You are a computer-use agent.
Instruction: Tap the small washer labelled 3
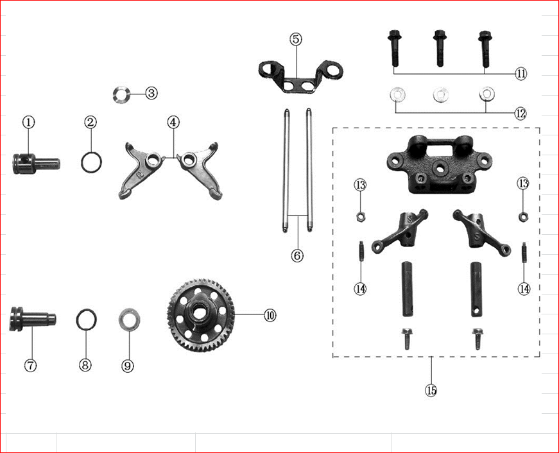[x=120, y=94]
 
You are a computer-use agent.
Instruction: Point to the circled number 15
[x=431, y=390]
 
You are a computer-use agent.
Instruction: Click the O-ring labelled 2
[x=91, y=162]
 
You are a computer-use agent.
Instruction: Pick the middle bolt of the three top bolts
[x=440, y=48]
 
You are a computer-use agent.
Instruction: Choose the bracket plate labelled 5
[x=300, y=76]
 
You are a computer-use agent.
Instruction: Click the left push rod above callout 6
[x=286, y=171]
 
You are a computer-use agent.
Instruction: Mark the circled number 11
[x=520, y=74]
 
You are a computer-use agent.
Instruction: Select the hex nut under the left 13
[x=361, y=216]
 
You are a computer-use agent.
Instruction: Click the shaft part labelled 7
[x=33, y=317]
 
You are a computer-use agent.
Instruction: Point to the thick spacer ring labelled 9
[x=129, y=320]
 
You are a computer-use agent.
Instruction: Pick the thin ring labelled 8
[x=87, y=319]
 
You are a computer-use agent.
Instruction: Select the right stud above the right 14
[x=524, y=252]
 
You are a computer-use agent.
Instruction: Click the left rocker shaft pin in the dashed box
[x=408, y=289]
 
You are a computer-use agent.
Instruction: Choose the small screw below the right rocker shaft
[x=477, y=339]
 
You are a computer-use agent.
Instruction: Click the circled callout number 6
[x=297, y=255]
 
